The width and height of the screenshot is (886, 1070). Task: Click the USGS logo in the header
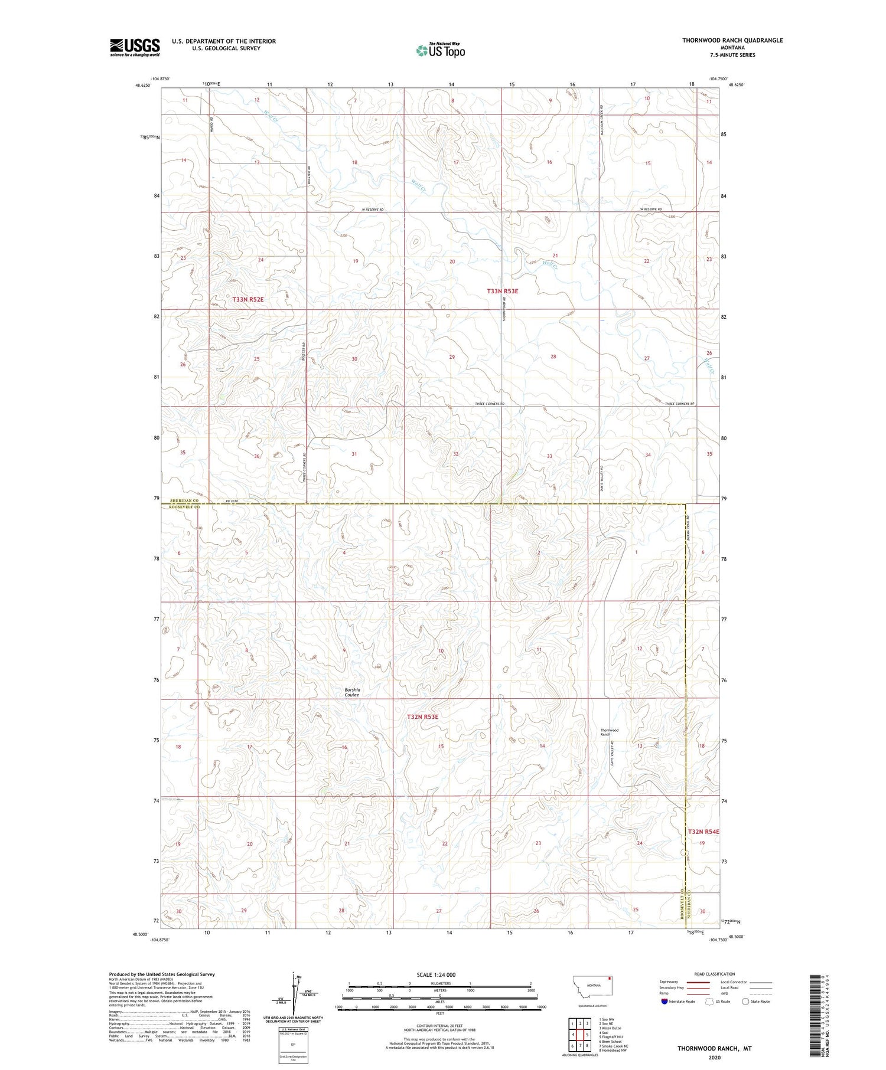coord(135,47)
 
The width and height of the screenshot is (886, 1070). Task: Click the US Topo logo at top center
coord(440,50)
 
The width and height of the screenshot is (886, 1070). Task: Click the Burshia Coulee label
coord(352,692)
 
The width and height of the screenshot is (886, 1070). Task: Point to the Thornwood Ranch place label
coord(609,732)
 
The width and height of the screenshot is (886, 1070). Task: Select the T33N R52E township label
coord(247,300)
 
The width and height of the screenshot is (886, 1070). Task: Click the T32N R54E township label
coord(703,831)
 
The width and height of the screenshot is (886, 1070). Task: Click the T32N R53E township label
coord(423,716)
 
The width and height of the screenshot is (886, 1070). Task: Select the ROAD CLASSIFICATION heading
coord(715,974)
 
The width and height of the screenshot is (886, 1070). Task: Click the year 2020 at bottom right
coord(714,1057)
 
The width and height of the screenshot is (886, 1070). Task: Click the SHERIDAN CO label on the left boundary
coord(184,500)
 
